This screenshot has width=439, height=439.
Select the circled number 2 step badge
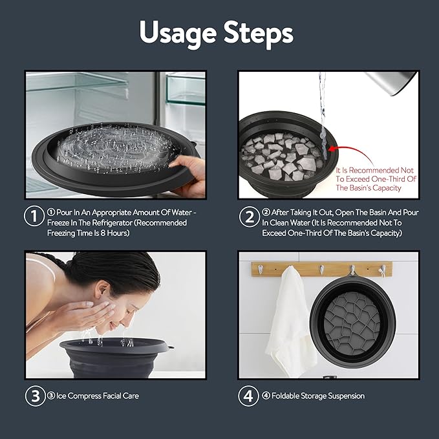(248, 217)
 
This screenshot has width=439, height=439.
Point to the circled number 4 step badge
(248, 396)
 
